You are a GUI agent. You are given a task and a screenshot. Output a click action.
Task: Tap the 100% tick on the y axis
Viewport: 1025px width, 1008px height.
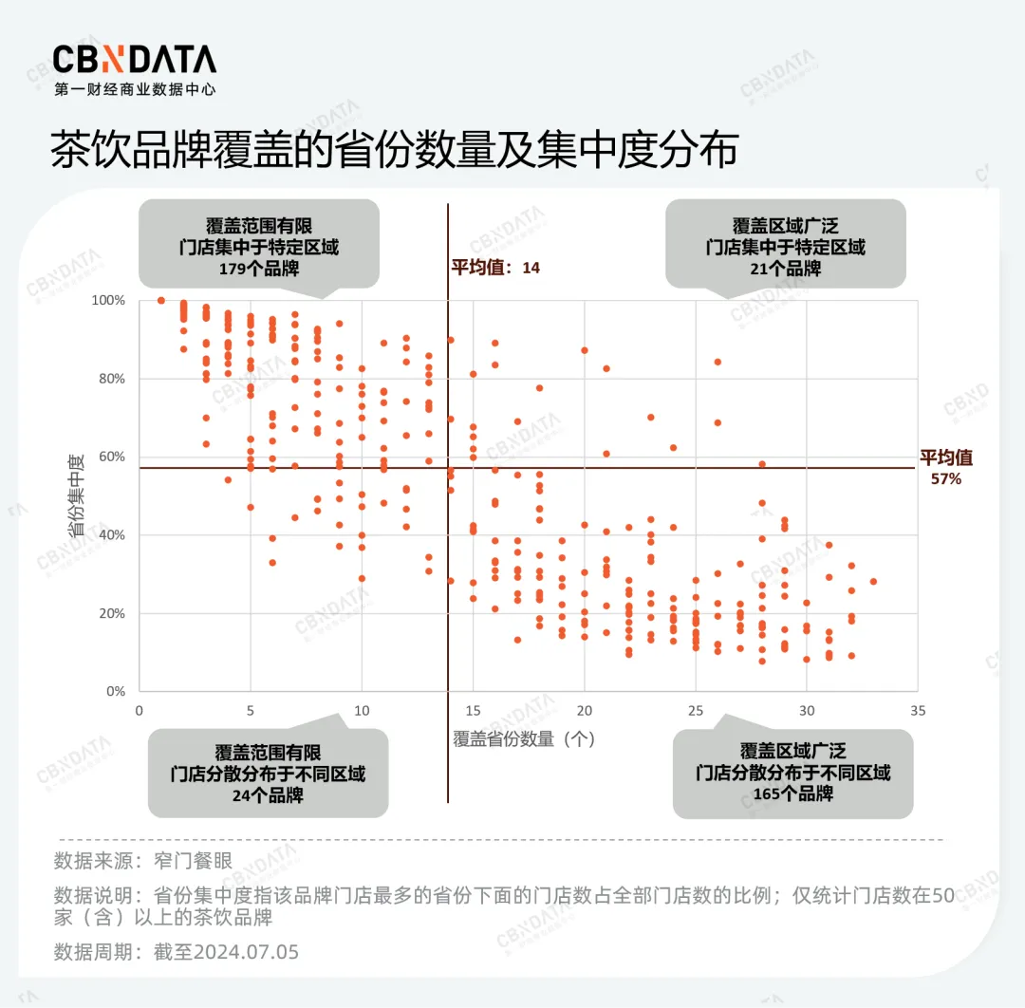click(108, 300)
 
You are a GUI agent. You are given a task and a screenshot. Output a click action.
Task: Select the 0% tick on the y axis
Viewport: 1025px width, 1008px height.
click(116, 691)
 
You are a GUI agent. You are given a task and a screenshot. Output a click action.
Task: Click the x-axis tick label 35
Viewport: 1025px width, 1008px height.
click(917, 711)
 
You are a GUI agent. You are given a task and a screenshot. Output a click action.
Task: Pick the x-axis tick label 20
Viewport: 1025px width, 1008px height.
click(584, 711)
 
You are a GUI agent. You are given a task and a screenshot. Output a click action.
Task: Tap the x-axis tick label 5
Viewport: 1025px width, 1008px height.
click(251, 711)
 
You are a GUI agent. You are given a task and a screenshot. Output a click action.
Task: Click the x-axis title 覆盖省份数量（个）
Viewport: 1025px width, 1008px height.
click(524, 738)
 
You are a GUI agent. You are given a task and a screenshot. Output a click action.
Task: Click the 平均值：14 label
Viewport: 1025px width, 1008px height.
click(494, 268)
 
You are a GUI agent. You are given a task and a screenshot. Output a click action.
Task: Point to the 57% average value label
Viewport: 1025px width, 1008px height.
click(945, 479)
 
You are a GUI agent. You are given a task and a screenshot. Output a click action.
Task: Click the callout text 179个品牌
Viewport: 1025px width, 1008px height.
click(259, 269)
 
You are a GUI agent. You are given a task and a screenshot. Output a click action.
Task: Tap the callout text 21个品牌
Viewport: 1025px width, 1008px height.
click(785, 269)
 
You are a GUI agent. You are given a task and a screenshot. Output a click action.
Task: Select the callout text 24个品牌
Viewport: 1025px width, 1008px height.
click(268, 795)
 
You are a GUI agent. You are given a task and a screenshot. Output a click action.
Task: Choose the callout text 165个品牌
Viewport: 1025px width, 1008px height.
click(792, 793)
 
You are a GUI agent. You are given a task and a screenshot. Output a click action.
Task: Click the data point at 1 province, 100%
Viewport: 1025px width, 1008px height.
click(161, 300)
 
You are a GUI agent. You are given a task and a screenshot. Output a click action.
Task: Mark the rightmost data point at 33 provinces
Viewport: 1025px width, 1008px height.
click(873, 582)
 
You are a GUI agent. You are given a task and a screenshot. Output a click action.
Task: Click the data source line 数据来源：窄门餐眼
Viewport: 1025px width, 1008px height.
click(143, 863)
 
